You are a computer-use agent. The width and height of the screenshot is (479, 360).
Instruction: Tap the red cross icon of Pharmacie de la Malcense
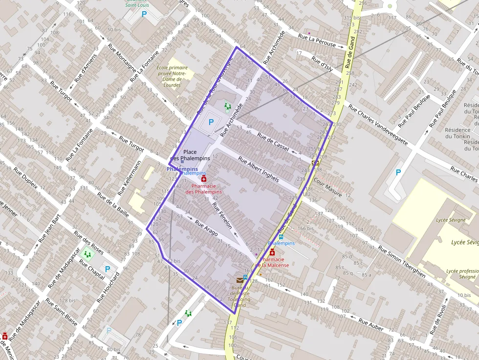(x=272, y=252)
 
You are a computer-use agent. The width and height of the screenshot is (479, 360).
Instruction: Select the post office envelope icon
(x=239, y=280)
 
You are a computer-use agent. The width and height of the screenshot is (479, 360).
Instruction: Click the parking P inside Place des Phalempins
(x=211, y=122)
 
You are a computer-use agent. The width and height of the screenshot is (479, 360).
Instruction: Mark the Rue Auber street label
(x=371, y=325)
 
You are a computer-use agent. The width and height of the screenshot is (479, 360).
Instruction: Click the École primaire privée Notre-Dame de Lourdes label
(x=172, y=76)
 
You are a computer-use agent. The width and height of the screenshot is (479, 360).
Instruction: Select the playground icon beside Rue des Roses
(x=87, y=254)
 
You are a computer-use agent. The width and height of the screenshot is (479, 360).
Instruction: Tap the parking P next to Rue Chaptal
(x=108, y=269)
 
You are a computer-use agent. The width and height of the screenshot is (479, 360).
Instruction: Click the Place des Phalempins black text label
(x=190, y=155)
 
